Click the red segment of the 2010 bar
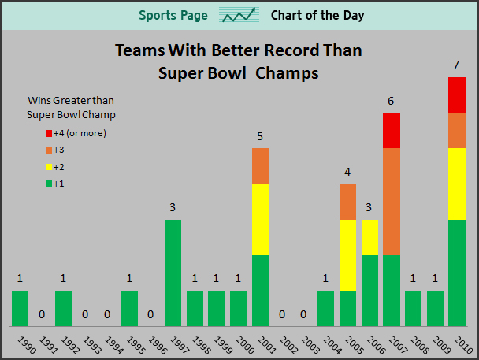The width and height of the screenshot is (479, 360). coord(457,95)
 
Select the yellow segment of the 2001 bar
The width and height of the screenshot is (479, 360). coord(260,219)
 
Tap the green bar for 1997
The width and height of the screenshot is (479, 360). coord(173,273)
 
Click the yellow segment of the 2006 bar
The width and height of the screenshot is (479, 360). coord(369,237)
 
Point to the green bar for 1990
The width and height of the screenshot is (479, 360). coord(20,308)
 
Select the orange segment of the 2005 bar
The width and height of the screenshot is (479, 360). coord(347,202)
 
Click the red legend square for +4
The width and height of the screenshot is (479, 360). coord(49,133)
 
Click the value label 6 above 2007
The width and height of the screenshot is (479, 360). coord(392,102)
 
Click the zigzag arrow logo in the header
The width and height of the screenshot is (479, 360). coord(239,16)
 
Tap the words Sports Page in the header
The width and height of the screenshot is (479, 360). coord(173,16)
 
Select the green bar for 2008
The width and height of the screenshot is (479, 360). coord(413,308)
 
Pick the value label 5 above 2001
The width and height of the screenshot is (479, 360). coord(260,137)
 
